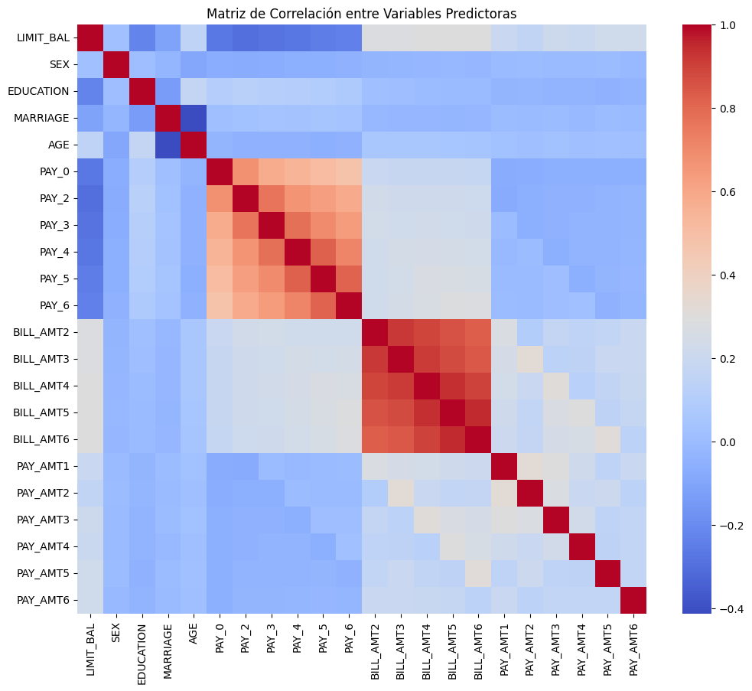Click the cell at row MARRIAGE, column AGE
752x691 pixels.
tap(197, 118)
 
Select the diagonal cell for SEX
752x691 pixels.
tap(116, 65)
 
